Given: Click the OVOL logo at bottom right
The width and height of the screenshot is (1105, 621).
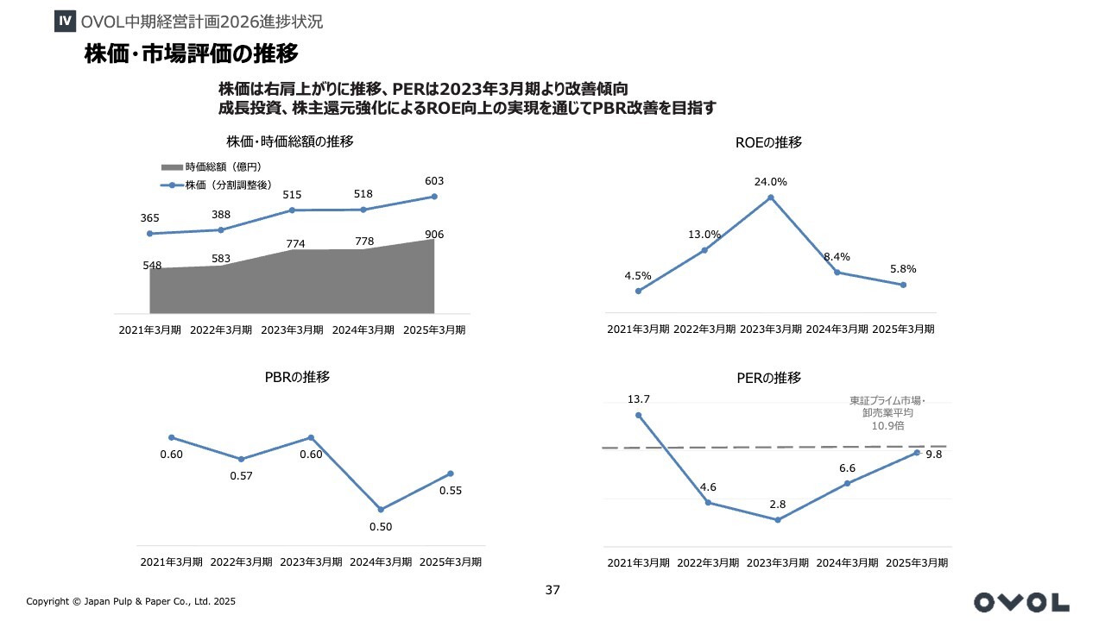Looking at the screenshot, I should [x=1021, y=601].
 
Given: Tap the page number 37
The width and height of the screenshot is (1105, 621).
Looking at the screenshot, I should [x=553, y=590].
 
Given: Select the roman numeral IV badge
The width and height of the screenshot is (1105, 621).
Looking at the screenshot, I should [x=64, y=21].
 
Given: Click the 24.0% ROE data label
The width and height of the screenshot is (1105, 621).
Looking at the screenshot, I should [x=770, y=182].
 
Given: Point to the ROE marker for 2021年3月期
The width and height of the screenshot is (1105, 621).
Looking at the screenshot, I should [x=638, y=291].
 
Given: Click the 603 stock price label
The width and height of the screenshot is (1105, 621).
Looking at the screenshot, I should [x=434, y=180].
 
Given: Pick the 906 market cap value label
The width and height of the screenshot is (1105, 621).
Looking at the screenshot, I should [x=434, y=235].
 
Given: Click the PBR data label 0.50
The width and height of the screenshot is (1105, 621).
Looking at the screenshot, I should [x=381, y=527].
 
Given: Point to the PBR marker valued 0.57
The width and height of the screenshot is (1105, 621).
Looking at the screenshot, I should [x=242, y=459].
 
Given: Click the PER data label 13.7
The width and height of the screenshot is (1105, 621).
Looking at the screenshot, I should [x=639, y=398].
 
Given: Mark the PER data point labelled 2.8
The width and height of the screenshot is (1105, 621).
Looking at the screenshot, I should [x=777, y=519].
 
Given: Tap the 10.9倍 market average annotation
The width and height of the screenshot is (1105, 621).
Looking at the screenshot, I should [x=887, y=425].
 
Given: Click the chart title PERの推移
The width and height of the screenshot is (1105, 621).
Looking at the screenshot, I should [x=769, y=378].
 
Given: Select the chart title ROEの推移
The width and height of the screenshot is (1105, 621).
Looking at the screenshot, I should [x=769, y=143].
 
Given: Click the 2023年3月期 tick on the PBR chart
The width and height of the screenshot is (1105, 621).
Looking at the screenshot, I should [x=311, y=561].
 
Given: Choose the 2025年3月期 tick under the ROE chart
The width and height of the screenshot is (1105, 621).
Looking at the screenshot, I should [x=903, y=329].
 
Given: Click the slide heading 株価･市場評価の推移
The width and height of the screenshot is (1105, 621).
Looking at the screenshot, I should [x=191, y=54].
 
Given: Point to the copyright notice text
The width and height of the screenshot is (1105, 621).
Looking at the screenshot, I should [x=130, y=601].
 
